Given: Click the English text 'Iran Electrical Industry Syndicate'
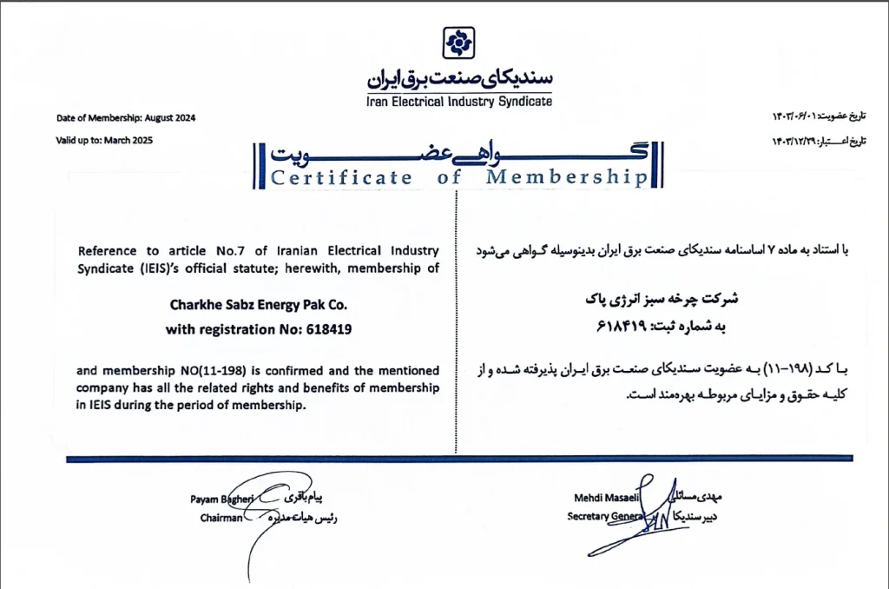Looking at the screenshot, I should point(459,101).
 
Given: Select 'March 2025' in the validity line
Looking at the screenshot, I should point(128,140).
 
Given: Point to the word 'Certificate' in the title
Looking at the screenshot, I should point(341,178).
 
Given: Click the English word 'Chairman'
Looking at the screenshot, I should point(215,517).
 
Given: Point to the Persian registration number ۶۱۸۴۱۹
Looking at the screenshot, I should point(621,326).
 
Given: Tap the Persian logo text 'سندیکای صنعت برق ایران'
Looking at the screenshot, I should point(459,78).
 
